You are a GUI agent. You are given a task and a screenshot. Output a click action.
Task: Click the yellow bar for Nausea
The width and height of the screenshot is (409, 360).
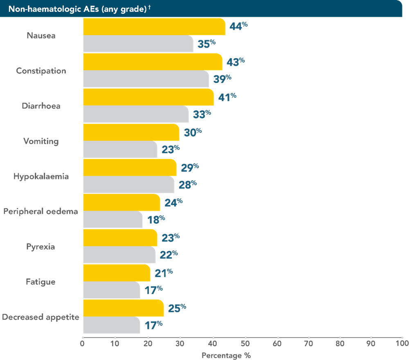point(154,27)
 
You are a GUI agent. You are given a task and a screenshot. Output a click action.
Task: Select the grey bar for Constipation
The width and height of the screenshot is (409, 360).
point(146,79)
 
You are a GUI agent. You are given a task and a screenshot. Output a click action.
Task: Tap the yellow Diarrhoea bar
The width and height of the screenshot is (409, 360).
point(148,97)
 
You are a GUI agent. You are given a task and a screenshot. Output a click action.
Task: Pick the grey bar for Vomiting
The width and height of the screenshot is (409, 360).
point(120,150)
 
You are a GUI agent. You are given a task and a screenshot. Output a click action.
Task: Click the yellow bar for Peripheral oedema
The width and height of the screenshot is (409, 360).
point(121,202)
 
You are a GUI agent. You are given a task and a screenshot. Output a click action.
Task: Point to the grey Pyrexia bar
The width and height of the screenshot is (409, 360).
point(119,255)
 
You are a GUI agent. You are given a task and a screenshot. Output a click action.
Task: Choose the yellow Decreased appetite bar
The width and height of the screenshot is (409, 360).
point(123,308)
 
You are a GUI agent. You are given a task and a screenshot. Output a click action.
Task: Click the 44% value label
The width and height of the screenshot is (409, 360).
point(238,27)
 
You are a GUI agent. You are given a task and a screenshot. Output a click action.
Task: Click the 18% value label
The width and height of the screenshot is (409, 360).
point(156,220)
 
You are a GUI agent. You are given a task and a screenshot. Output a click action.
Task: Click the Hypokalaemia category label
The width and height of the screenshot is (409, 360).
point(41,177)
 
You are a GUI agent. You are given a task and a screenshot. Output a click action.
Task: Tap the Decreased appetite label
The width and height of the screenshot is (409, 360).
point(40,317)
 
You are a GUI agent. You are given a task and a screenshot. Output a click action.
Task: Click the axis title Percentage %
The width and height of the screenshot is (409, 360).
point(226,355)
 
